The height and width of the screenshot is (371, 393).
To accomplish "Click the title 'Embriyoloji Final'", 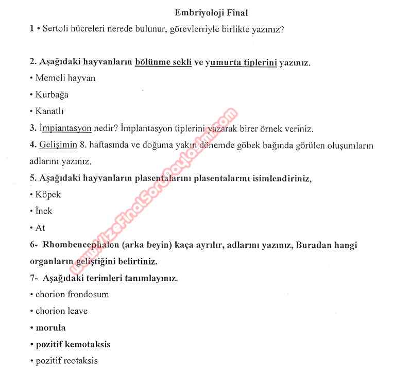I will click(x=212, y=12).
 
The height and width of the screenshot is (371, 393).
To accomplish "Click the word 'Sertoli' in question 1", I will click(x=57, y=29).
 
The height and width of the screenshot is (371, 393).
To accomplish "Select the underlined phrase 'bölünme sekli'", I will click(x=163, y=62).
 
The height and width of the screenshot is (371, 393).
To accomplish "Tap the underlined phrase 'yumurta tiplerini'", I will click(x=241, y=62).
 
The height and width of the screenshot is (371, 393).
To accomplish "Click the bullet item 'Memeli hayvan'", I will click(x=65, y=78).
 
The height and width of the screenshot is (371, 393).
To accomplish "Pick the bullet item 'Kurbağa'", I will click(x=52, y=95).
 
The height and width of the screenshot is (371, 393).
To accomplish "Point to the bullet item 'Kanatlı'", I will click(x=49, y=111).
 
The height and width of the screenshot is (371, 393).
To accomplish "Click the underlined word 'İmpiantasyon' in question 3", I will click(x=65, y=128).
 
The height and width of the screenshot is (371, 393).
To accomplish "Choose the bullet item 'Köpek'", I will click(x=48, y=195).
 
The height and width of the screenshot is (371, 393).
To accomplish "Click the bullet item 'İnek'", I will click(x=44, y=211).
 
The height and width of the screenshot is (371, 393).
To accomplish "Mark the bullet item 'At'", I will click(x=40, y=228).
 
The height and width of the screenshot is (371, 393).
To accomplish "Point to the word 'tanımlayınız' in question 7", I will click(x=153, y=278).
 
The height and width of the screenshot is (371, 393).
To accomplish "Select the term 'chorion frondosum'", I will click(x=72, y=295).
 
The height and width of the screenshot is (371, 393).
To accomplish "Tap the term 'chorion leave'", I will click(x=61, y=311).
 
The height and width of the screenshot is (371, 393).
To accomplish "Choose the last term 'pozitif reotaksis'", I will click(x=66, y=361).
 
